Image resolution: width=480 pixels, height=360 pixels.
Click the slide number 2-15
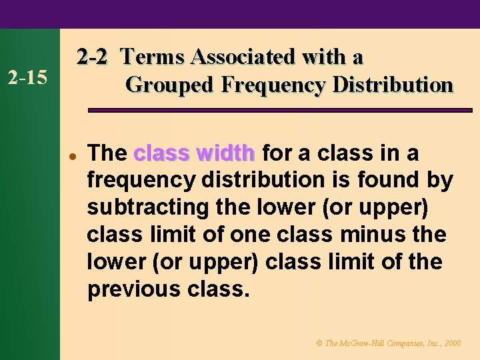tap(27, 77)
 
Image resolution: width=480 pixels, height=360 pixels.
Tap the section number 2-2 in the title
tap(91, 57)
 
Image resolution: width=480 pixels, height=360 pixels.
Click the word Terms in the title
tap(153, 57)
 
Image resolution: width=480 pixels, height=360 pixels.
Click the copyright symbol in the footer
tap(318, 343)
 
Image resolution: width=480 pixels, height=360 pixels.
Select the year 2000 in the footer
tap(451, 343)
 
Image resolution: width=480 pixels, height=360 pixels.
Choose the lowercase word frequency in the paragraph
tap(139, 181)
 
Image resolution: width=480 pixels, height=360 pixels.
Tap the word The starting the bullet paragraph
tap(107, 153)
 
